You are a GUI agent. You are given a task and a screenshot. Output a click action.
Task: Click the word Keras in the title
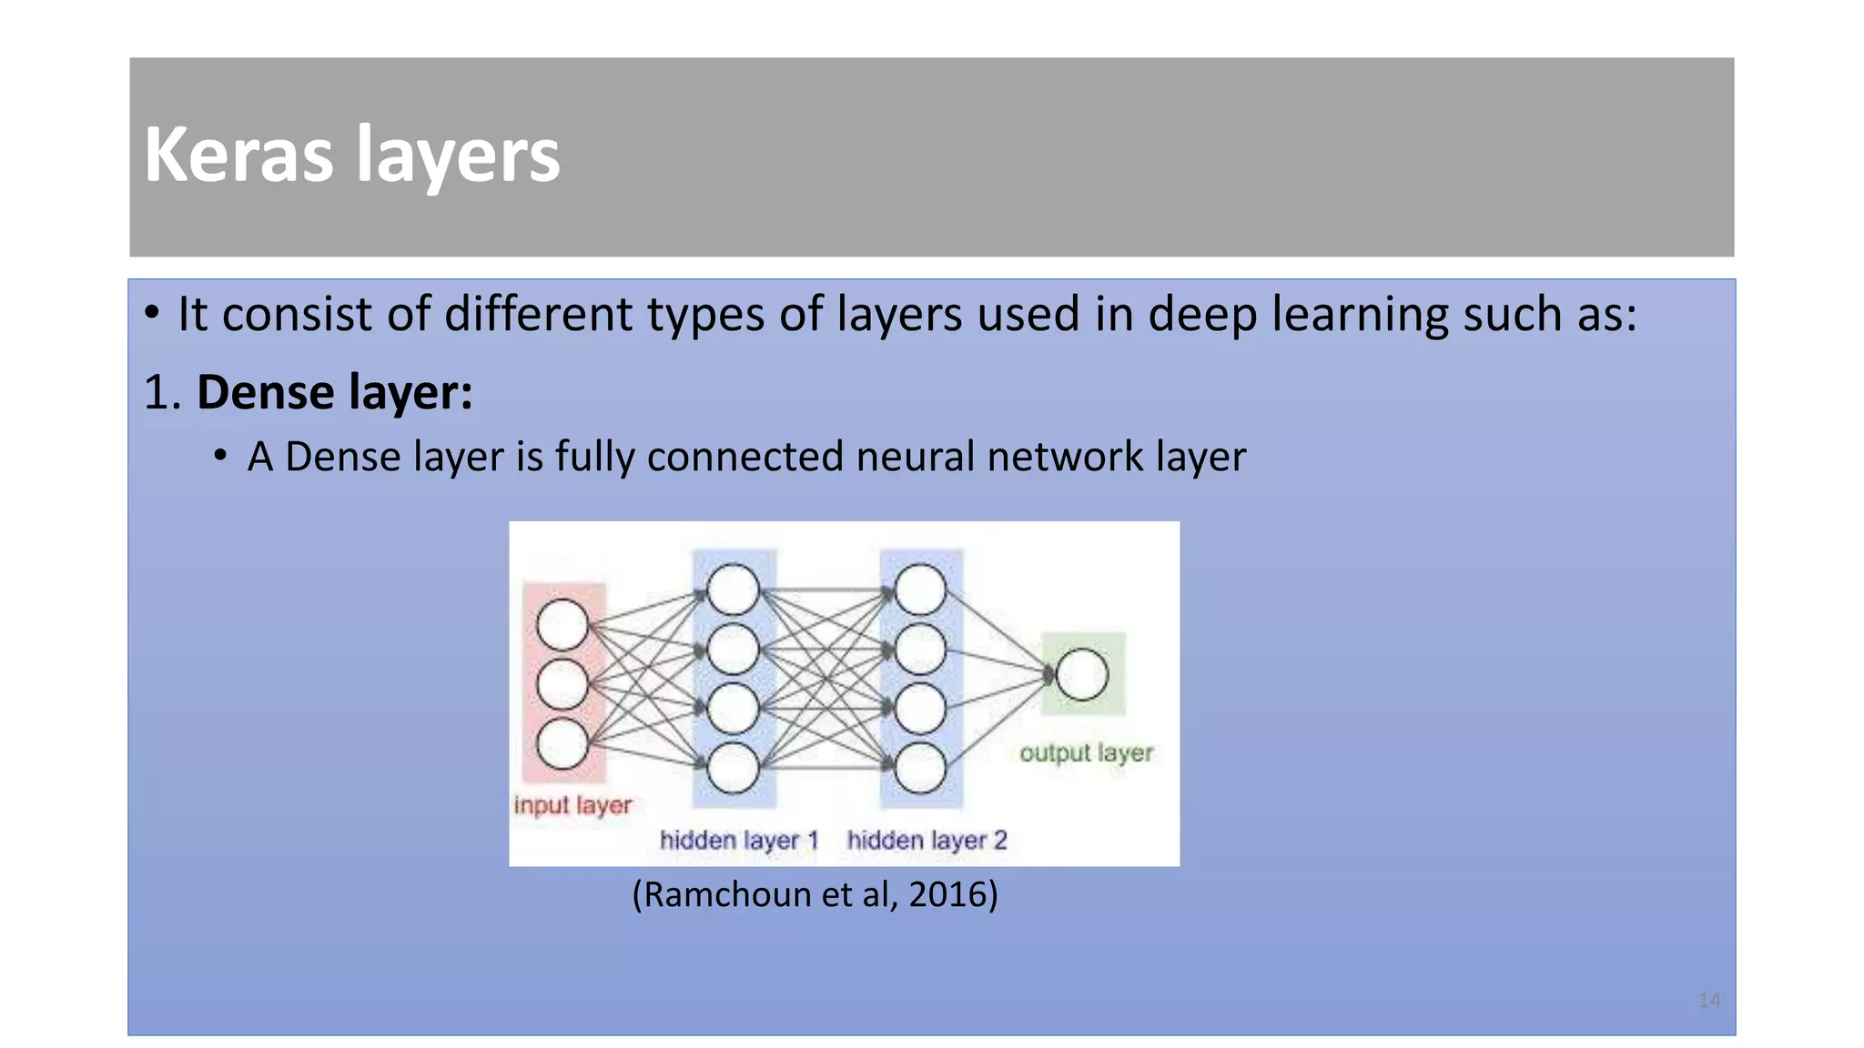238,155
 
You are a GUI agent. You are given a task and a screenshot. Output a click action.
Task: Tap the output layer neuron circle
1082,674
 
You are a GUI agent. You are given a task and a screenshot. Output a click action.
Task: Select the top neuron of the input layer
562,625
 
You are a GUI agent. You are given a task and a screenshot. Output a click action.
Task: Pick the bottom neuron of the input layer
562,744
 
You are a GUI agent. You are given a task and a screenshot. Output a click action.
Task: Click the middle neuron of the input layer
562,684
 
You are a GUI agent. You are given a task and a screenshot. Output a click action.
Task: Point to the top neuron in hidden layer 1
733,589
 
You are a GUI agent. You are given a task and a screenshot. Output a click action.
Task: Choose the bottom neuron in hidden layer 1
733,768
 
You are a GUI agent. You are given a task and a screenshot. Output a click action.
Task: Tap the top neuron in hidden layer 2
920,589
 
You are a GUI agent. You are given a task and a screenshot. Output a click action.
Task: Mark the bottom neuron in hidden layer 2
920,768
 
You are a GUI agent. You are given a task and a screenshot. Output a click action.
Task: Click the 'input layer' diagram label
572,805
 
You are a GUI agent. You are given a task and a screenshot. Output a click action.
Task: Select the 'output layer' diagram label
1086,753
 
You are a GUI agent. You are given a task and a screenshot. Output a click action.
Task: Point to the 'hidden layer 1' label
739,840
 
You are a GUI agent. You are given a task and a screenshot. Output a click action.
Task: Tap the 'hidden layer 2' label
927,840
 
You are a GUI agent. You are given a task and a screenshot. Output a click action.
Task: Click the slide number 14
1709,1001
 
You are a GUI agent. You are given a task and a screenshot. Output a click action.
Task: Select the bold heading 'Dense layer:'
334,392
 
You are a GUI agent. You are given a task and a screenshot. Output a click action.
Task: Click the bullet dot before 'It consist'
152,313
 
